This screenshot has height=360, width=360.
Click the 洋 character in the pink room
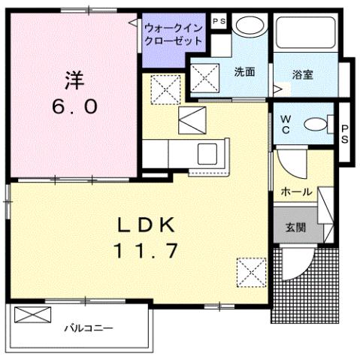[x=74, y=79]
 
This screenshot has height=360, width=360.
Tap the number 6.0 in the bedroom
[x=74, y=106]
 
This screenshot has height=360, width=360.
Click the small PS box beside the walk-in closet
[x=219, y=22]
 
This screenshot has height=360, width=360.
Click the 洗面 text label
[x=244, y=73]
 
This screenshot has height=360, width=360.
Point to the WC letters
[x=286, y=123]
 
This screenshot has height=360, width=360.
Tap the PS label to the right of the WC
[x=345, y=133]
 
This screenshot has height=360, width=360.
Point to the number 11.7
[x=147, y=251]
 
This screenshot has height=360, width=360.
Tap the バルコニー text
[x=88, y=328]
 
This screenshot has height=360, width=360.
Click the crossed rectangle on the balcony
[x=32, y=315]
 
